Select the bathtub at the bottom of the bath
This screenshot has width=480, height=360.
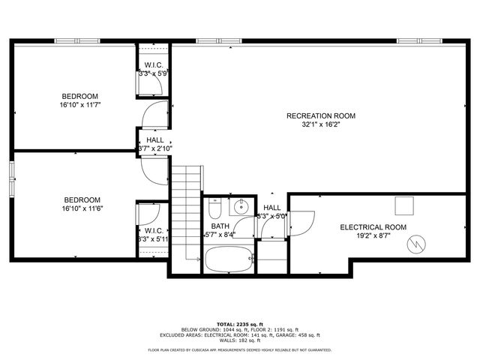[229, 259]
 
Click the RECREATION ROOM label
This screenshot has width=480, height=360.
[321, 115]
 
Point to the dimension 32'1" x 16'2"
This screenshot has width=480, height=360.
[321, 125]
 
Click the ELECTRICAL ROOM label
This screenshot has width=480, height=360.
[373, 226]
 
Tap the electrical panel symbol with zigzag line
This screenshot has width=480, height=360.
[414, 244]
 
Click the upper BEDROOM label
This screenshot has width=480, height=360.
[79, 96]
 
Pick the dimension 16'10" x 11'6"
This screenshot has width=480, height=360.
[82, 208]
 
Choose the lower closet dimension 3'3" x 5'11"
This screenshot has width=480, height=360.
[154, 239]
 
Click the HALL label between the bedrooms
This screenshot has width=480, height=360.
[155, 139]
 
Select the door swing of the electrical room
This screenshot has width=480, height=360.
[302, 220]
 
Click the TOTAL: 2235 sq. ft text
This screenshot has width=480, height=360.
[239, 323]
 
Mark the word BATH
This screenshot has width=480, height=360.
[220, 226]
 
